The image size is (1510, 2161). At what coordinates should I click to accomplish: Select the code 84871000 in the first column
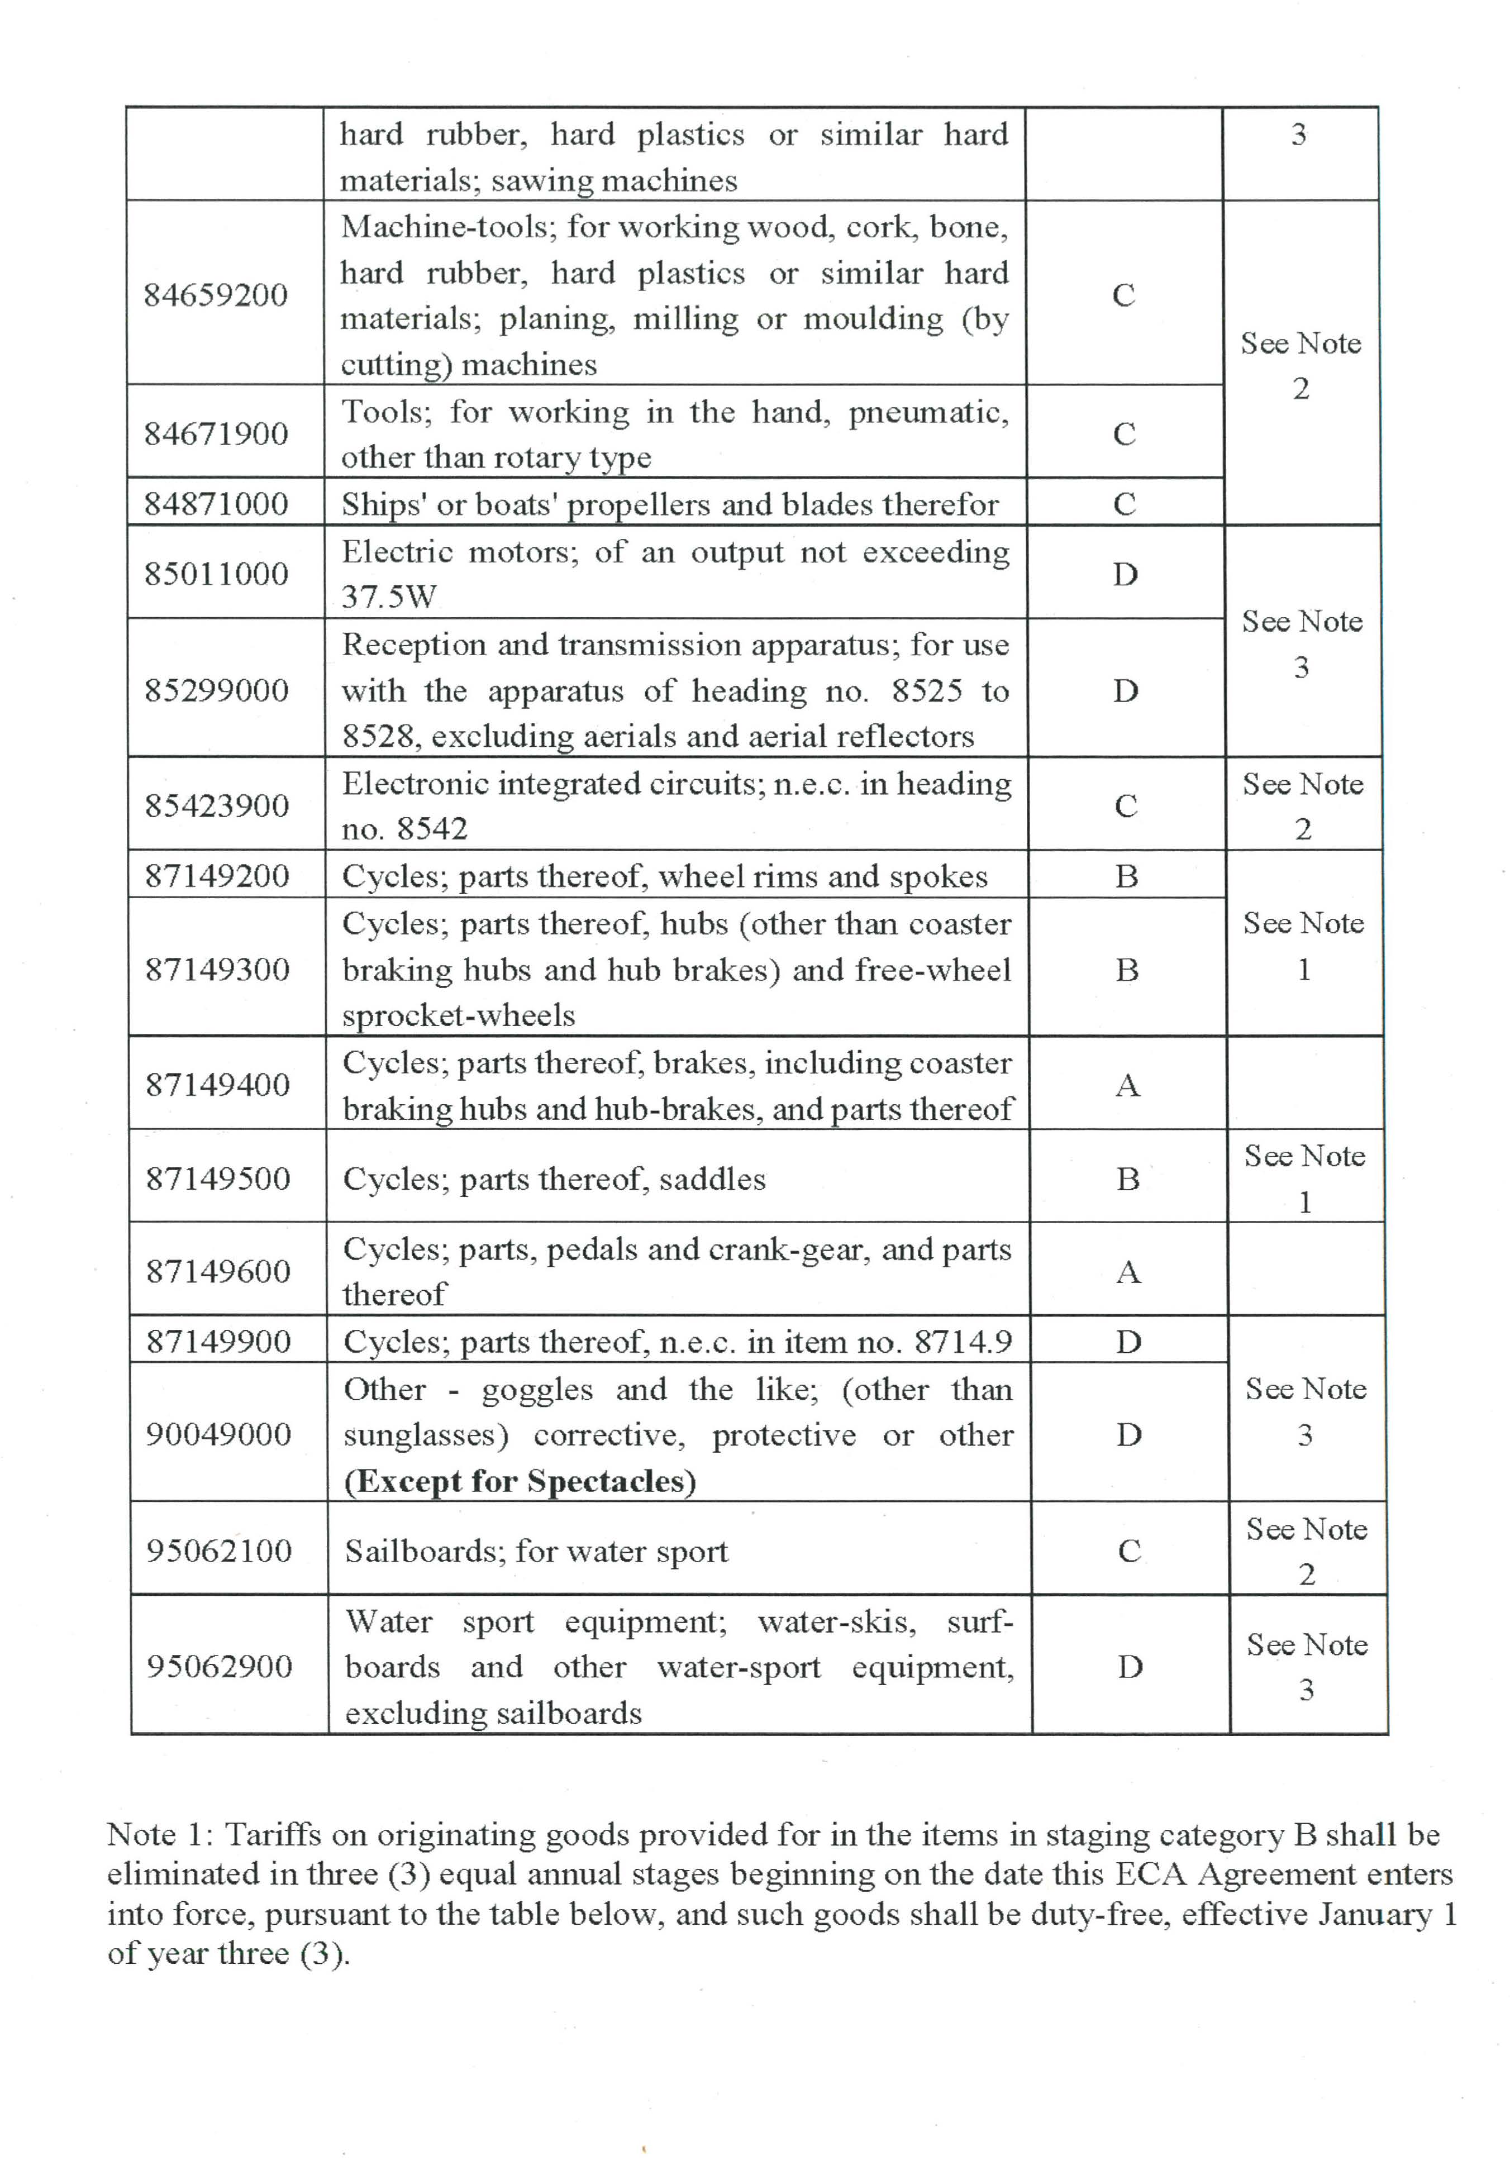point(216,504)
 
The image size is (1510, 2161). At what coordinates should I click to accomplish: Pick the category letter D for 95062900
point(1130,1667)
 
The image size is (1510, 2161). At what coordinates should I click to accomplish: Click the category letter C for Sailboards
point(1129,1551)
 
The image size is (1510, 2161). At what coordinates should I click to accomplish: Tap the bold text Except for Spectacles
point(520,1481)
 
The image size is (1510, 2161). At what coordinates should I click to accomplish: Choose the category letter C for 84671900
point(1124,434)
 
